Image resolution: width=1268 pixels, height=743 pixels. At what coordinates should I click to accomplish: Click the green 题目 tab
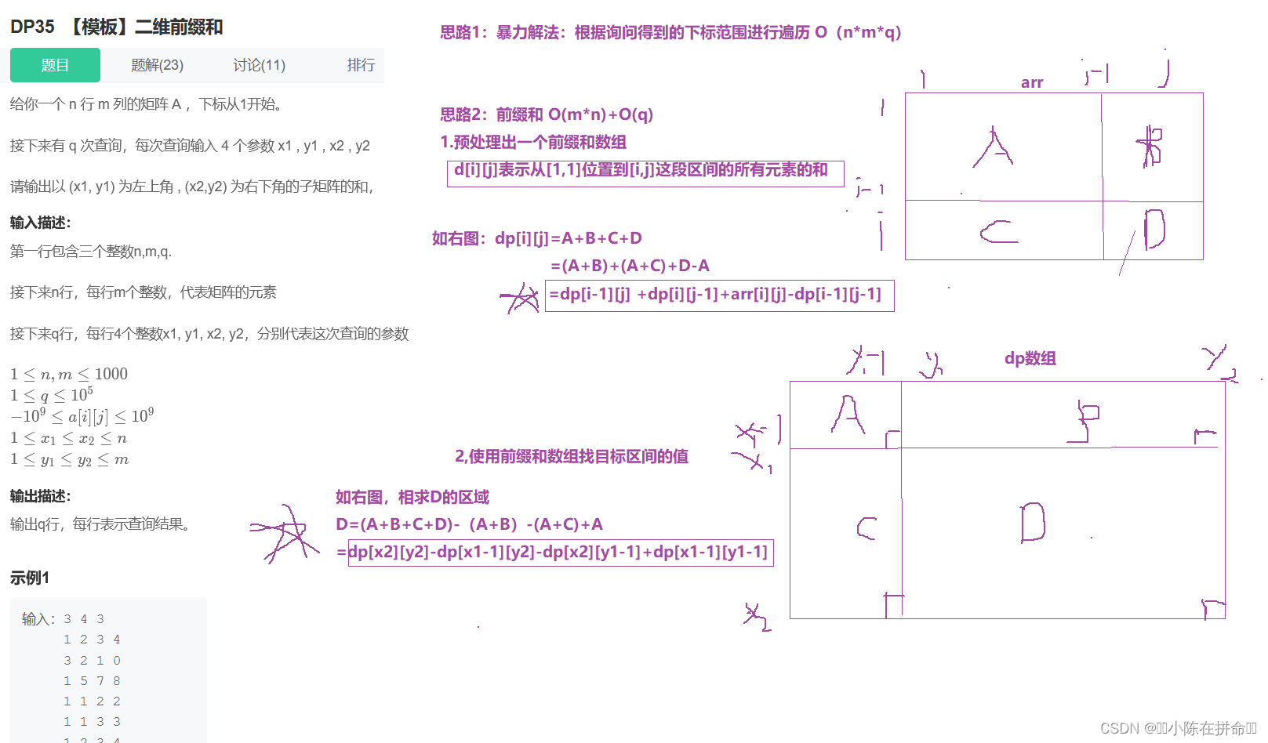[55, 65]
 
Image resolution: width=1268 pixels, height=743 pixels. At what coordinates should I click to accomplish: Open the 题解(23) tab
[157, 65]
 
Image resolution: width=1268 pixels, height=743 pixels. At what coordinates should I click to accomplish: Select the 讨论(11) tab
[259, 65]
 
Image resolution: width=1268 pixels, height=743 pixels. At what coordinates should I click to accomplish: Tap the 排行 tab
[361, 65]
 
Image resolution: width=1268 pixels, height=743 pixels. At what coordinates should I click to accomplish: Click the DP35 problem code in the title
[32, 27]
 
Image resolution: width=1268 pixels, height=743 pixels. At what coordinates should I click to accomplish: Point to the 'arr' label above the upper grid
[1032, 82]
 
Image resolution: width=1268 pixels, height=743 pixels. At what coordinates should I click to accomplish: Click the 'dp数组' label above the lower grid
[1030, 358]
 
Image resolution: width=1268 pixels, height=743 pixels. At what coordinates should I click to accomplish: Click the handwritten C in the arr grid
[998, 231]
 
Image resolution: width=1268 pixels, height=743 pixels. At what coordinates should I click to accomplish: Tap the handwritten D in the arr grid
[1154, 230]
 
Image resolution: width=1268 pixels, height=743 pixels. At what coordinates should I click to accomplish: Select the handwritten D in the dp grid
[1033, 523]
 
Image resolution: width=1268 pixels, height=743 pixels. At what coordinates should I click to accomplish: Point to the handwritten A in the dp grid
[848, 415]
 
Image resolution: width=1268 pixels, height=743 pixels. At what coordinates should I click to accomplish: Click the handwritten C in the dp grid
[866, 528]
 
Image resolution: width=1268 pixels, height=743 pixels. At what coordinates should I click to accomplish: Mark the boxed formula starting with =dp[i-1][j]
[719, 295]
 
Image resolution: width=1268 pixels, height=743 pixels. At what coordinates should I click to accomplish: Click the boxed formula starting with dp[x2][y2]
[560, 552]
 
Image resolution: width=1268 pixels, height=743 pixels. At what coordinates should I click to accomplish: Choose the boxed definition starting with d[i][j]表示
[645, 171]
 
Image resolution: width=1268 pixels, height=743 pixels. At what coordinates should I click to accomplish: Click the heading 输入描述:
[41, 223]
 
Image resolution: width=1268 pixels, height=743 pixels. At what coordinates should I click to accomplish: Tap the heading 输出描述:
[41, 496]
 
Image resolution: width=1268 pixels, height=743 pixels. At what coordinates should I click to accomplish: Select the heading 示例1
[30, 578]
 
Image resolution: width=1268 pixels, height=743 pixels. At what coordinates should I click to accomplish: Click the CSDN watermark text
[1177, 728]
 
